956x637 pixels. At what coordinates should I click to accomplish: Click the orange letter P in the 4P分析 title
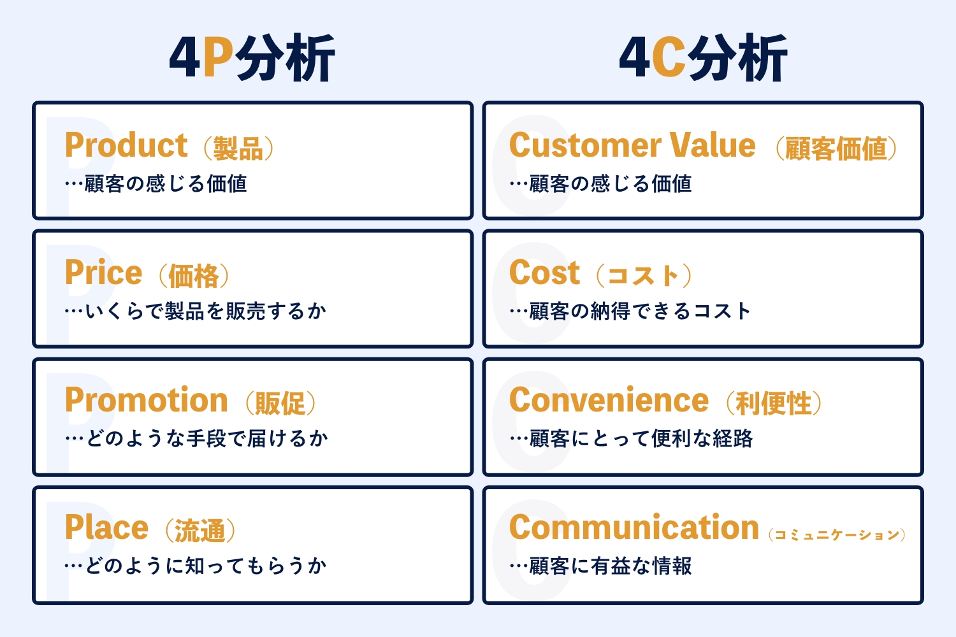click(x=219, y=57)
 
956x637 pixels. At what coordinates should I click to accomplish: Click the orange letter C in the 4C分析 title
click(x=669, y=57)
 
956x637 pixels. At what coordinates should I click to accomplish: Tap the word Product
click(x=126, y=145)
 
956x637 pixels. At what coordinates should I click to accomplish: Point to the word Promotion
click(x=147, y=400)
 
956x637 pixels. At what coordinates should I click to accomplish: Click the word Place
click(x=106, y=527)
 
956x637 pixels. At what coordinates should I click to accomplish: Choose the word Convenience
click(x=609, y=400)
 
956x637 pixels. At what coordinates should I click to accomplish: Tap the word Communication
click(x=634, y=527)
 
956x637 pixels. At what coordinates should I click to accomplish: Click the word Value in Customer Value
click(x=713, y=145)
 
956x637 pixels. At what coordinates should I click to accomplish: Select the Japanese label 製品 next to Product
click(x=238, y=148)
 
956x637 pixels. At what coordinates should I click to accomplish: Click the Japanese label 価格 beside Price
click(x=194, y=276)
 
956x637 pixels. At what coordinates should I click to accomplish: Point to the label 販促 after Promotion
click(x=280, y=403)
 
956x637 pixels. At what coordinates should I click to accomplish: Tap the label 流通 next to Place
click(x=200, y=531)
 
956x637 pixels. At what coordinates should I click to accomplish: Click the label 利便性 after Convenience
click(x=773, y=403)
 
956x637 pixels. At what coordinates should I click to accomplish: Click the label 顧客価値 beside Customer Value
click(x=836, y=148)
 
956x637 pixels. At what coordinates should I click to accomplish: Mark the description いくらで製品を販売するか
click(x=206, y=311)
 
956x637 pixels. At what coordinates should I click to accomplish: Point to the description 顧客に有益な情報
click(x=611, y=566)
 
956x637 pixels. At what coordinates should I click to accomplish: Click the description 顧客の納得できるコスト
click(x=640, y=311)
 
